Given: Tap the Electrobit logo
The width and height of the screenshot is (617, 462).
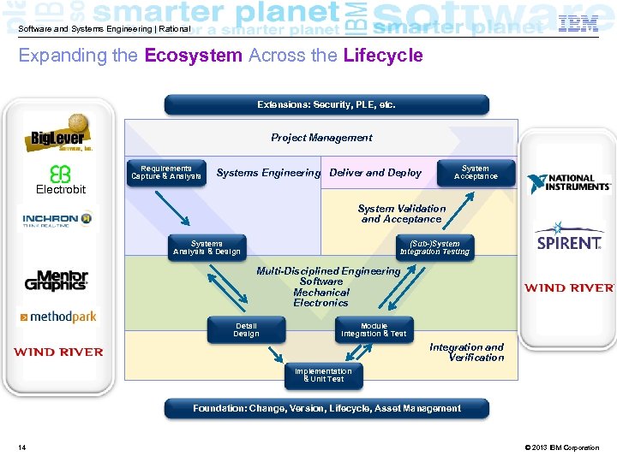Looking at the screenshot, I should coord(60,180).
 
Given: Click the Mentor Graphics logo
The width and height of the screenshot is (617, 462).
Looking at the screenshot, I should coord(57,280).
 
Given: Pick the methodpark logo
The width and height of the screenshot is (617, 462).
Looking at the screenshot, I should coord(57,317).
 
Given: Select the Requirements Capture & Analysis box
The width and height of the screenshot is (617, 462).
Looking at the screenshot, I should coord(166,173).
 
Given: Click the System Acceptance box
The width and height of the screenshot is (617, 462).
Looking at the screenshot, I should coord(476,173).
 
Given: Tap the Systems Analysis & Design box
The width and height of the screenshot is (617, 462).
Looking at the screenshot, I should coord(207,248).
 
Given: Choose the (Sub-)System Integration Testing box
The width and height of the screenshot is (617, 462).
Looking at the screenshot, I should coord(434,248).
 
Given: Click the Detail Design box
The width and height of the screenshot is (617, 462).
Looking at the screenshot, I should coord(246,330).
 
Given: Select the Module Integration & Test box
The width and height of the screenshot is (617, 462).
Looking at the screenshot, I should coord(374,330).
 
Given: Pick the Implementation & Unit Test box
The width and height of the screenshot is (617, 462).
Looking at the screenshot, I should coord(323,376).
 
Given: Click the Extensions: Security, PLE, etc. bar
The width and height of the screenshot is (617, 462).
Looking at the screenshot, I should coord(326,105).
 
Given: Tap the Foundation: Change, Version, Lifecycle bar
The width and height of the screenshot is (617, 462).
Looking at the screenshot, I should coord(326,409).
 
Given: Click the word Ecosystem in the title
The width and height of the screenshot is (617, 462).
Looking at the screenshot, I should coord(194,56).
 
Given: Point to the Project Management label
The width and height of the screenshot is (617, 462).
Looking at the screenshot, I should coord(321,138).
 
